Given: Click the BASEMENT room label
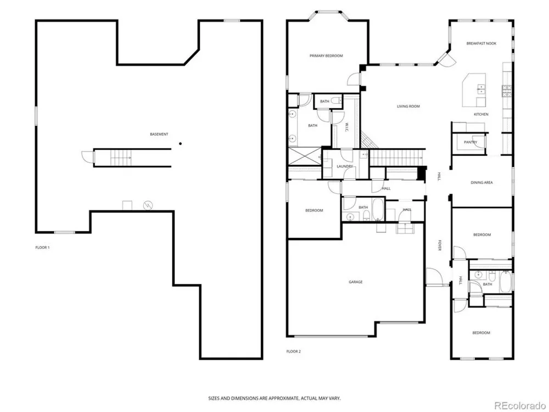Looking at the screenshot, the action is (159, 134).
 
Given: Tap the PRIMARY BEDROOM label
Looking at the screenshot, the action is (326, 55).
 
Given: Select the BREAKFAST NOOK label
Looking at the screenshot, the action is (481, 43).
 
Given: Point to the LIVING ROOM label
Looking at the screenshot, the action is (408, 106).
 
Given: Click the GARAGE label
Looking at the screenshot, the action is (355, 282).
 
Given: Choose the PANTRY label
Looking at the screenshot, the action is (470, 142).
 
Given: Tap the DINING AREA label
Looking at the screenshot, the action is (482, 182).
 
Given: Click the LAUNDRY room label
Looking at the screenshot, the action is (345, 166).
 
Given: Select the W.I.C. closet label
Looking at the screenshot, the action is (346, 127).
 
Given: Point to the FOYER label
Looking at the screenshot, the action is (439, 245).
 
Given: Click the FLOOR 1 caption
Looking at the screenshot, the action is (42, 247).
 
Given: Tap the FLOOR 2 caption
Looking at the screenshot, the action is (293, 352).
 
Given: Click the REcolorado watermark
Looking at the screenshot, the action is (520, 406).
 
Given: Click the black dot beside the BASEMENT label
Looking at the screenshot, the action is (180, 143).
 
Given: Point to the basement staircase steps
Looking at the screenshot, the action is (121, 158).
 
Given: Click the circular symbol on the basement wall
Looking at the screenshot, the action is (148, 205).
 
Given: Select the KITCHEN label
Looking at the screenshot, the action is (481, 114).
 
